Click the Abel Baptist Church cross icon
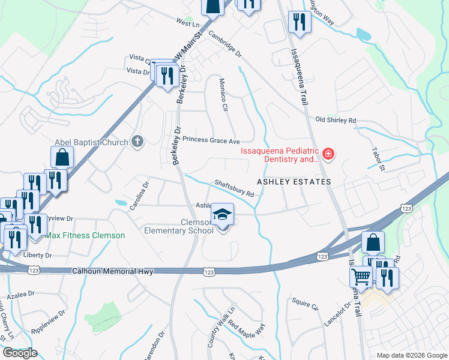pyautogui.click(x=137, y=142)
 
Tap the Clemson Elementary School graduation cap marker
pyautogui.click(x=222, y=215)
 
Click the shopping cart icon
pyautogui.click(x=361, y=277)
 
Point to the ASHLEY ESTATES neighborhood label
pyautogui.click(x=294, y=181)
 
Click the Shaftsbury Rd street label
pyautogui.click(x=234, y=189)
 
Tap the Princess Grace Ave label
pyautogui.click(x=211, y=140)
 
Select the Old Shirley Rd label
pyautogui.click(x=336, y=120)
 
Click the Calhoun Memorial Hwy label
pyautogui.click(x=112, y=272)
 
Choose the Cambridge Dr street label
pyautogui.click(x=224, y=44)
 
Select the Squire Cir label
pyautogui.click(x=305, y=305)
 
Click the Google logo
pyautogui.click(x=19, y=353)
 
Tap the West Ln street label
pyautogui.click(x=187, y=23)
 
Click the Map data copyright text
pyautogui.click(x=412, y=355)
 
